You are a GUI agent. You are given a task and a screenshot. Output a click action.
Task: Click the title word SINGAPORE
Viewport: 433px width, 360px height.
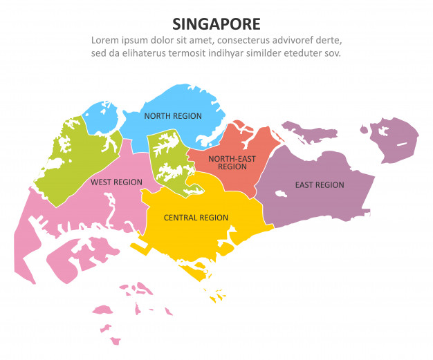click(x=216, y=23)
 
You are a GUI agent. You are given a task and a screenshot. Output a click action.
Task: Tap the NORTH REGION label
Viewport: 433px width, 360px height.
click(x=173, y=116)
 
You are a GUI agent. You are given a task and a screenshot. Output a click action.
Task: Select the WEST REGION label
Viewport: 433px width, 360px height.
click(x=116, y=182)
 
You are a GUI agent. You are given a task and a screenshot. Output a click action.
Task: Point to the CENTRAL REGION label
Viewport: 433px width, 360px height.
click(x=196, y=218)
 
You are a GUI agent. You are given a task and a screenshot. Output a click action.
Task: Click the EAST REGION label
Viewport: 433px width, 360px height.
click(x=319, y=185)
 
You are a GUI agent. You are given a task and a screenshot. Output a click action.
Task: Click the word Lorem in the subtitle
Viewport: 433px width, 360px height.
click(x=107, y=40)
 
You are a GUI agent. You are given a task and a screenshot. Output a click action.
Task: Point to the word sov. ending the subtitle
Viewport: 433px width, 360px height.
click(x=332, y=53)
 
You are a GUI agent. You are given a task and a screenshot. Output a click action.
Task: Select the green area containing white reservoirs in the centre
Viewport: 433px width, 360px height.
click(x=168, y=160)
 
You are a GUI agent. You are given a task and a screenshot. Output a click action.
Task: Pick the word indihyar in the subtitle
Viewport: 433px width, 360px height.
click(x=241, y=53)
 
